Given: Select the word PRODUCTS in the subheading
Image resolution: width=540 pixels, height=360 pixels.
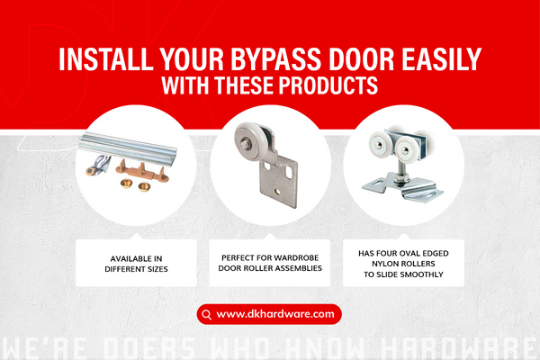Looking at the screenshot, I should pyautogui.click(x=329, y=87).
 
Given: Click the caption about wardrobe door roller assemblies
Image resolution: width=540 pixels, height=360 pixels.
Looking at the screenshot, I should pyautogui.click(x=269, y=262).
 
